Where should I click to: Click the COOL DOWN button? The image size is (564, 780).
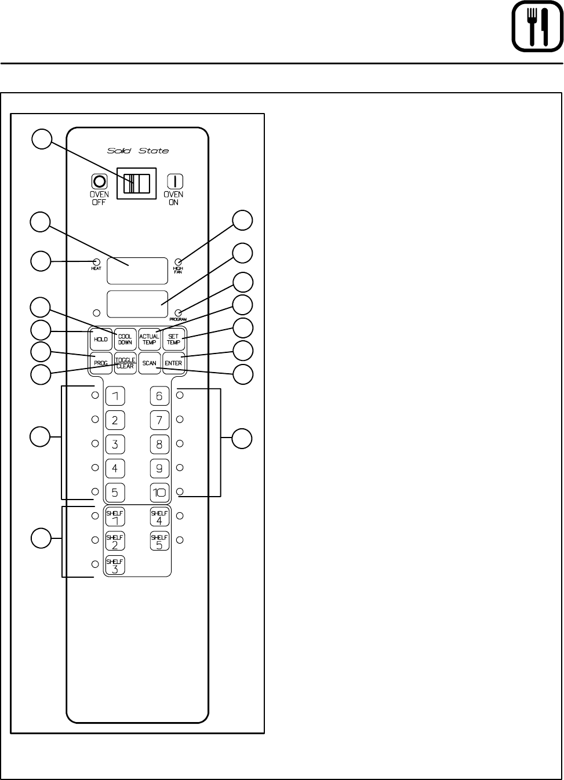(x=125, y=340)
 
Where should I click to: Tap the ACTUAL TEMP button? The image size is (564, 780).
(x=149, y=340)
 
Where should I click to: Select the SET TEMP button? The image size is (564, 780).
(x=173, y=340)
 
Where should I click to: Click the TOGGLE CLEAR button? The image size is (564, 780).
(x=125, y=363)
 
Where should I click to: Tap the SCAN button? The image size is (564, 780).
(x=149, y=363)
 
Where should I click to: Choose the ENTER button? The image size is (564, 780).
(x=173, y=363)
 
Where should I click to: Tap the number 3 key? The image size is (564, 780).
(x=115, y=444)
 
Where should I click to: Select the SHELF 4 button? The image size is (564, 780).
(x=159, y=517)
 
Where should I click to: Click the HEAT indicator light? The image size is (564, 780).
(x=97, y=262)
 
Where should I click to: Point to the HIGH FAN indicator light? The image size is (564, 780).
(x=179, y=262)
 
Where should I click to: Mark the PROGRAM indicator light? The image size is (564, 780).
(x=179, y=313)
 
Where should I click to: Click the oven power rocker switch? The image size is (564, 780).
(x=137, y=184)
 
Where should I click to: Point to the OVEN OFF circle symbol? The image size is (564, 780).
(x=99, y=181)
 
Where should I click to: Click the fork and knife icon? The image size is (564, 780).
(x=537, y=27)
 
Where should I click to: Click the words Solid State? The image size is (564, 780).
(x=138, y=151)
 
